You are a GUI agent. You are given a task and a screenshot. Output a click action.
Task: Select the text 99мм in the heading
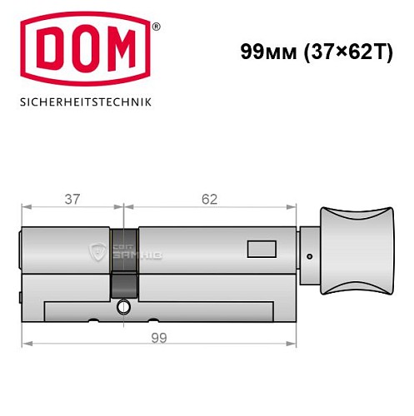[x=265, y=51]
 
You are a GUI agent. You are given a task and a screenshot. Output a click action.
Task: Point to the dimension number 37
[x=72, y=199]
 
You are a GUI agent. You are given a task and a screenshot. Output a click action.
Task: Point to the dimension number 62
[x=209, y=199]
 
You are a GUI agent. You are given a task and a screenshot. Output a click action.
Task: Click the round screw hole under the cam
[x=124, y=307]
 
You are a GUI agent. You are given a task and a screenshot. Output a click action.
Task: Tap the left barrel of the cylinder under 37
[x=67, y=250]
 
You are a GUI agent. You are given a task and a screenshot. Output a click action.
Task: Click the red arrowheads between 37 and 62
[x=123, y=207]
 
